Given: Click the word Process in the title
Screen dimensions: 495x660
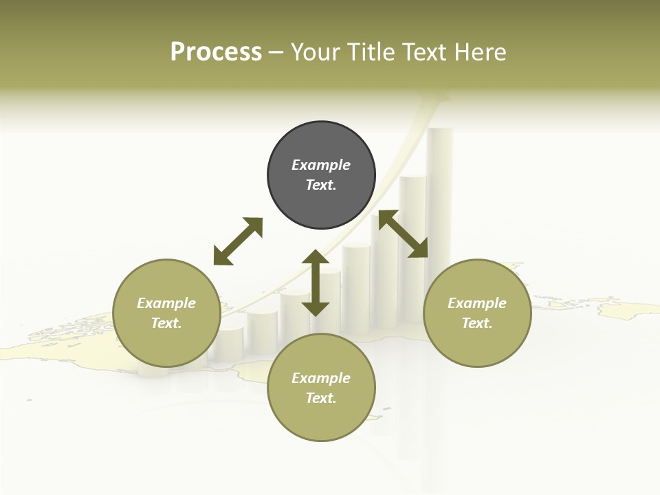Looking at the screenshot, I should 216,52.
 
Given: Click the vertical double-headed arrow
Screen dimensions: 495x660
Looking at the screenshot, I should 316,283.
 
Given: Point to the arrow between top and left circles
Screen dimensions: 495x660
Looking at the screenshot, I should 238,241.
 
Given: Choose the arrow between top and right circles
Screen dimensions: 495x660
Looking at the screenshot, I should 403,234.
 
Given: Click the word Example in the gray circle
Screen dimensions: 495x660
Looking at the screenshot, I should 321,165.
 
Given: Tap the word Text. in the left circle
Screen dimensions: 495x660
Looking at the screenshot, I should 166,323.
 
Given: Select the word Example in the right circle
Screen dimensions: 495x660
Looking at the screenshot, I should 477,303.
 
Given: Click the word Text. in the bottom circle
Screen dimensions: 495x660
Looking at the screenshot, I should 321,398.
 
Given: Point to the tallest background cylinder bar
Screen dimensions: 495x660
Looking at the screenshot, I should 439,206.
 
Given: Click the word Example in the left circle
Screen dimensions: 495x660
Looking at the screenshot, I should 166,303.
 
